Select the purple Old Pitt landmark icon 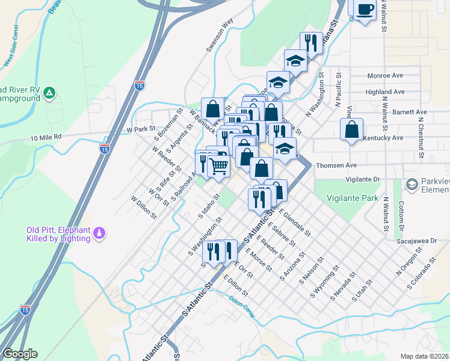click(100, 232)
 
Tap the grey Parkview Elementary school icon click(411, 184)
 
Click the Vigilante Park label click(353, 197)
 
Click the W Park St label click(141, 129)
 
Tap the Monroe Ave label click(384, 76)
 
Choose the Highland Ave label click(384, 92)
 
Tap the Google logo click(19, 354)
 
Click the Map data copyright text click(424, 356)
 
